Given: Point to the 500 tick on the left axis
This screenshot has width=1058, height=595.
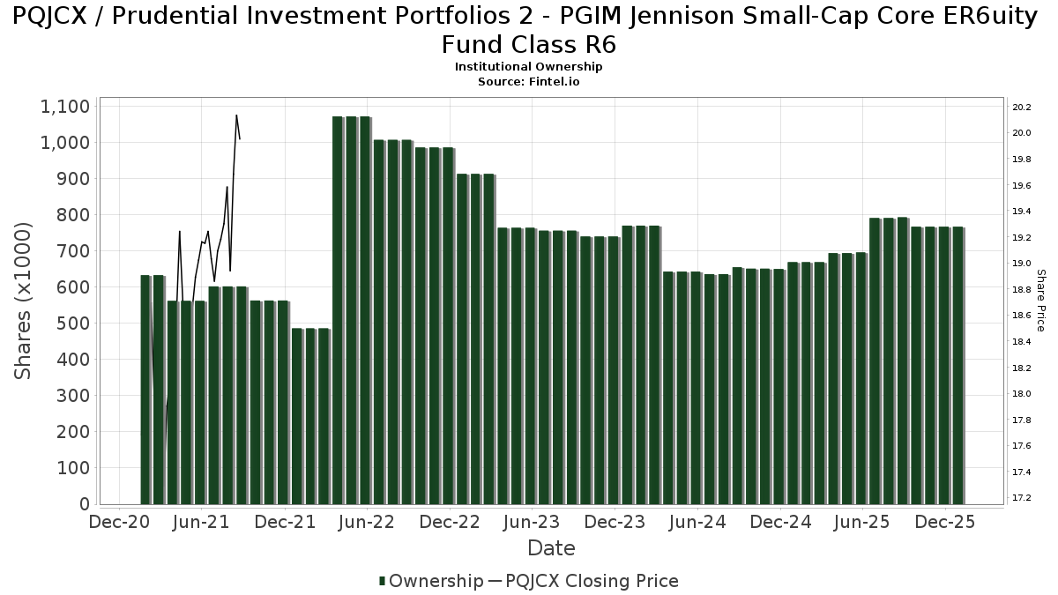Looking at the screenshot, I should click(x=72, y=324).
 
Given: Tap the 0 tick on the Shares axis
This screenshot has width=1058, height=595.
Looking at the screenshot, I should click(x=85, y=504).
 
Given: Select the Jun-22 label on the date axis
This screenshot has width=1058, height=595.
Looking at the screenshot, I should click(x=367, y=522).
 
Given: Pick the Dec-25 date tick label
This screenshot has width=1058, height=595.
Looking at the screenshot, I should click(x=944, y=522).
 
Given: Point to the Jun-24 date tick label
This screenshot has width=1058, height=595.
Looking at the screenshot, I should click(x=697, y=522).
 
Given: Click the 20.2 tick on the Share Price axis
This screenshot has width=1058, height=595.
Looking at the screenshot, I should click(x=1022, y=108).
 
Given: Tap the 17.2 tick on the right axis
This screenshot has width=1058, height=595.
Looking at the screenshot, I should click(x=1022, y=498).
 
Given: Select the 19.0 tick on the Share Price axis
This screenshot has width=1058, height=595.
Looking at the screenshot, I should click(x=1022, y=264).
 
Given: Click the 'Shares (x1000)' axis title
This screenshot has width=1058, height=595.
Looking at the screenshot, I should click(x=24, y=301).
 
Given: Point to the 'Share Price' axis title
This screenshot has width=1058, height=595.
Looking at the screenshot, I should click(x=1041, y=301).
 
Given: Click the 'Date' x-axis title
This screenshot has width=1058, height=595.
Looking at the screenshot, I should click(x=551, y=548).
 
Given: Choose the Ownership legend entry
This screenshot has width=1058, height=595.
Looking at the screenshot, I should click(x=431, y=581).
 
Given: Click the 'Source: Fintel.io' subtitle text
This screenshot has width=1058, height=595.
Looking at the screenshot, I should click(x=528, y=81).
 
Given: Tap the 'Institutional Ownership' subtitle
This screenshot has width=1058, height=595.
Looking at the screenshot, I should click(x=528, y=67).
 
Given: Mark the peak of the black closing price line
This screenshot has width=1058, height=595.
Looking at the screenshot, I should click(x=236, y=115).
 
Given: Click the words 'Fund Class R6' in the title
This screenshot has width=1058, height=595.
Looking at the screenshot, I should click(x=528, y=44).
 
